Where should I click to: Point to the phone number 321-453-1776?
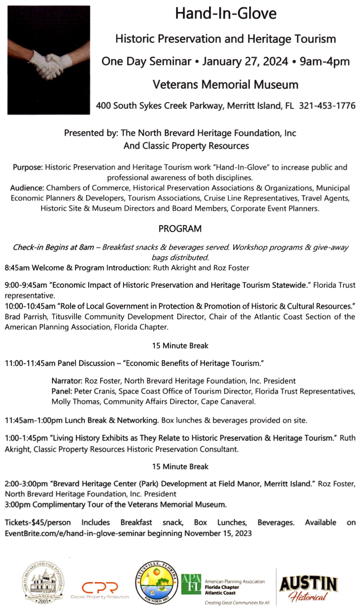[320, 105]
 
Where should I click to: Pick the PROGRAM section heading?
[180, 228]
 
